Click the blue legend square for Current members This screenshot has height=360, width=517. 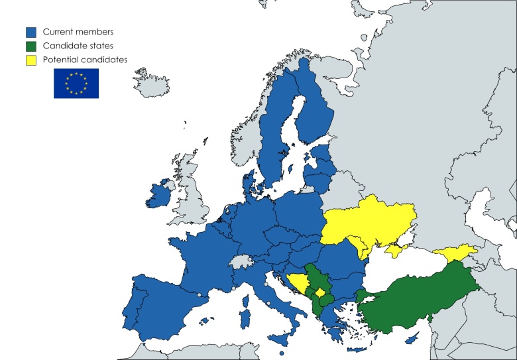coord(31,32)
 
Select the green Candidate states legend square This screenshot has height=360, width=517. coord(31,46)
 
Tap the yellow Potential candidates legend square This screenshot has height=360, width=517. coord(31,60)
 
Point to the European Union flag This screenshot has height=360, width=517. coord(76,84)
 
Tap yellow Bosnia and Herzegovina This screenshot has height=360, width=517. coord(299,283)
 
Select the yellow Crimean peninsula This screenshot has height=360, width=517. coord(395,250)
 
